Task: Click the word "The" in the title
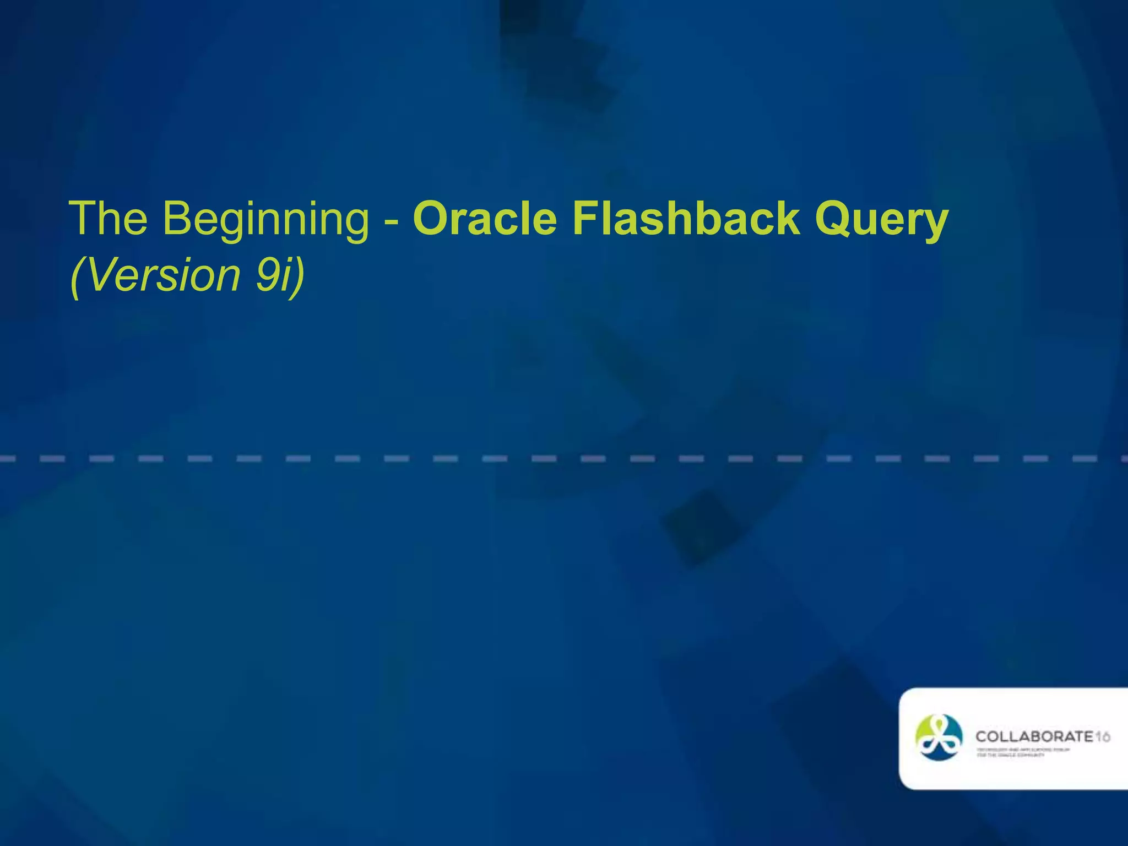[108, 219]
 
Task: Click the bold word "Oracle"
[485, 219]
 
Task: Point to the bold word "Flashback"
[685, 219]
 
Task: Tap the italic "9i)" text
[280, 275]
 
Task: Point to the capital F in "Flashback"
[584, 219]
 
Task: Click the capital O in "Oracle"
[432, 219]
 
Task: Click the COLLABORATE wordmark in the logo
[1034, 736]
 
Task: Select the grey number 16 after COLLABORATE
[1102, 736]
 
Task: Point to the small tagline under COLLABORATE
[1023, 752]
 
